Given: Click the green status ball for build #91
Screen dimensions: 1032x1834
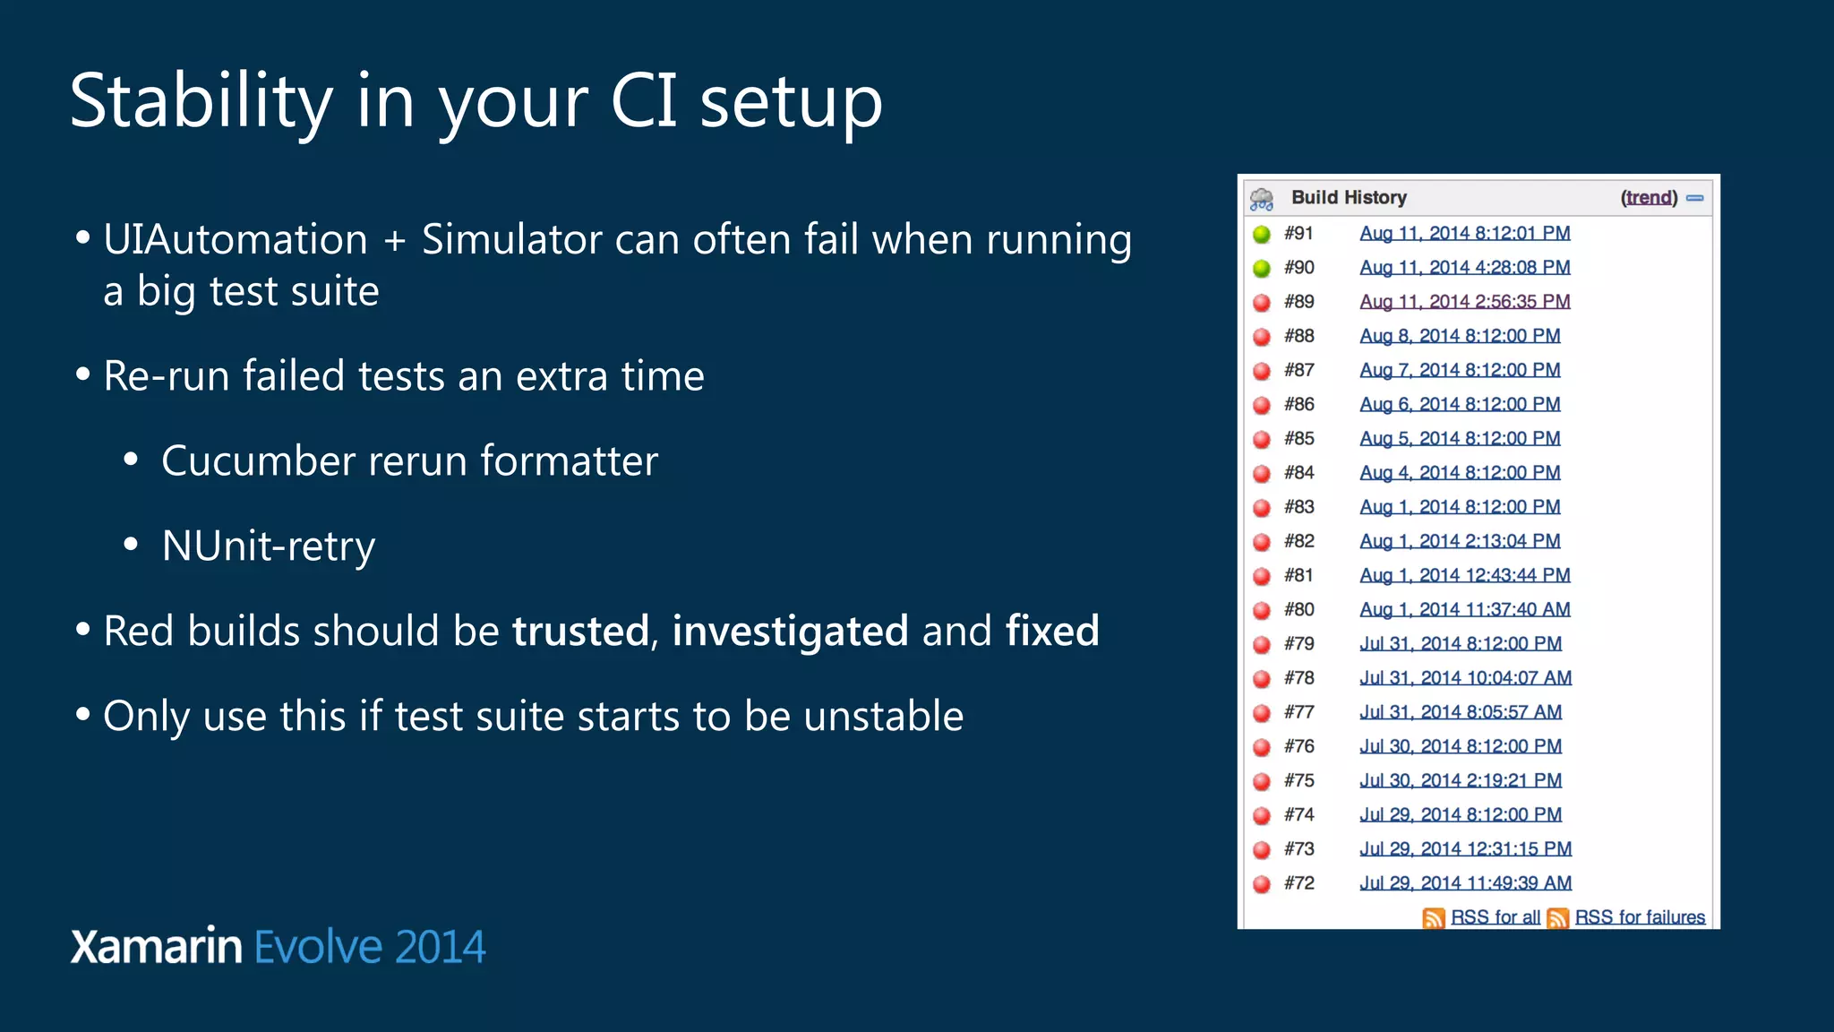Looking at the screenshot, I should [1262, 235].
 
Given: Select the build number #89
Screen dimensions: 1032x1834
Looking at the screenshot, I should [1298, 302].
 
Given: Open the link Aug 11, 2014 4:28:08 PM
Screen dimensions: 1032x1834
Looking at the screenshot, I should [1464, 268].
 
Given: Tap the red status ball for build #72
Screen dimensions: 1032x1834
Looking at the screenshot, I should [1262, 884].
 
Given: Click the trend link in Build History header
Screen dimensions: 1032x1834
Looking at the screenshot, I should [1649, 198].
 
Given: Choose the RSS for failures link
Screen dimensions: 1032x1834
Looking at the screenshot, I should [1639, 917].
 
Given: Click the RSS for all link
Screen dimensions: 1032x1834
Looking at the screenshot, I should [1495, 917].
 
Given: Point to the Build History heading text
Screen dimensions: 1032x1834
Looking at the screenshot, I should [1349, 198].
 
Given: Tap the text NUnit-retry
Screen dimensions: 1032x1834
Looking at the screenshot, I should [268, 546].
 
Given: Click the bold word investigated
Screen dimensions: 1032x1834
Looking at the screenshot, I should [790, 632].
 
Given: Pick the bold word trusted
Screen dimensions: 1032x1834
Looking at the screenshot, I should [579, 632].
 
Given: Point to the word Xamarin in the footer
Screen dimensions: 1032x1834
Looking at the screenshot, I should [156, 947].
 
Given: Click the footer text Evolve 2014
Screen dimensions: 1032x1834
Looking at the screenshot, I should [370, 947].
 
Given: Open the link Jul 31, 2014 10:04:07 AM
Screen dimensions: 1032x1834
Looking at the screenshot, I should [1465, 678].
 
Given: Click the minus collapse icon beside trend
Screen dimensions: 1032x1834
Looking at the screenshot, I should [1694, 198].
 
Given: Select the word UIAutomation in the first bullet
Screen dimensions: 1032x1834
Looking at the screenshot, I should [235, 240].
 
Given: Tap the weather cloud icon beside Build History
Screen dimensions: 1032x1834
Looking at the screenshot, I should [1262, 199].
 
